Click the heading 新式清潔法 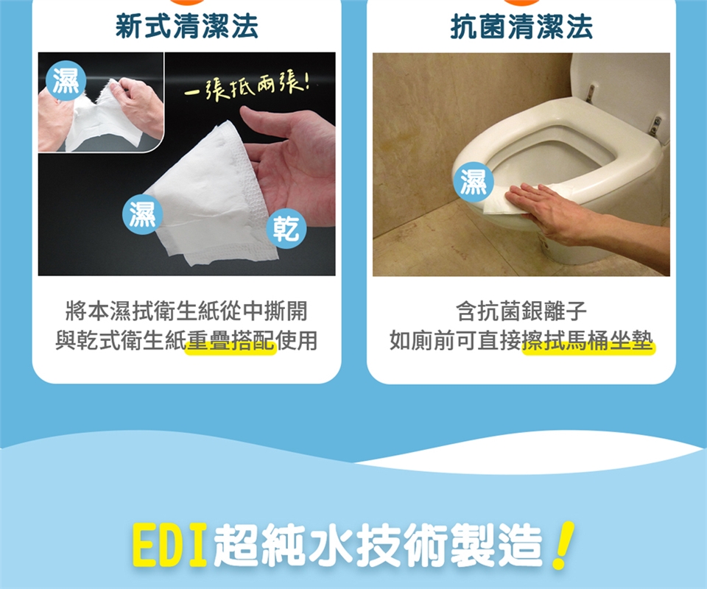tap(186, 27)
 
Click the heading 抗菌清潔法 tap(521, 27)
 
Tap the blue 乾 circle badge tap(286, 228)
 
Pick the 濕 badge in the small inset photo tap(66, 80)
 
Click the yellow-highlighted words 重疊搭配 tap(231, 341)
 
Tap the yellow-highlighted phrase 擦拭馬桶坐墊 tap(587, 341)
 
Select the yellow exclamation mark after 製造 tap(562, 545)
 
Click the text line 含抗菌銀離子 tap(521, 311)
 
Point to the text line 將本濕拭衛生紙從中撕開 tap(186, 311)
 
